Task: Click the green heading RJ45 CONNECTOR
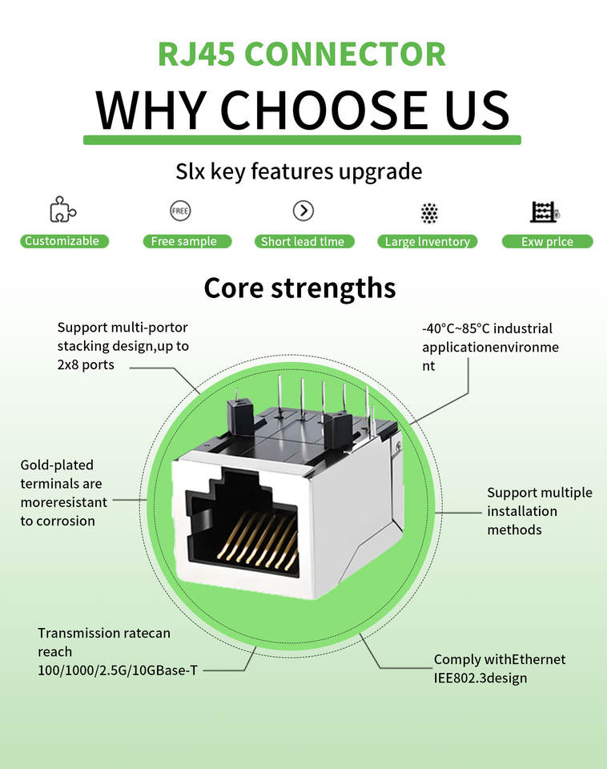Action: [302, 54]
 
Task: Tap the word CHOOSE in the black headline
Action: [323, 110]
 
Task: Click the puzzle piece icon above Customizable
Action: [62, 209]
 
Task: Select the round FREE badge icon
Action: [180, 211]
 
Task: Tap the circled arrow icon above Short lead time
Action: [303, 211]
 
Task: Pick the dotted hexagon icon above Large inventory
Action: [429, 213]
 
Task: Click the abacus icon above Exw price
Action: [545, 211]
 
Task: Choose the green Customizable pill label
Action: [64, 241]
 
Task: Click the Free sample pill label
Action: [187, 241]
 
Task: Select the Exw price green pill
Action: [547, 241]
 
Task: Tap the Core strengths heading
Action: [299, 288]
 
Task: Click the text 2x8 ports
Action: [86, 365]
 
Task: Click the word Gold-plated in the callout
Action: [57, 465]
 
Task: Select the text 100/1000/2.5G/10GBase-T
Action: [118, 670]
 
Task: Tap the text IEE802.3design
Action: [480, 678]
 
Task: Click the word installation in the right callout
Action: [522, 511]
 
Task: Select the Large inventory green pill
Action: [427, 241]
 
